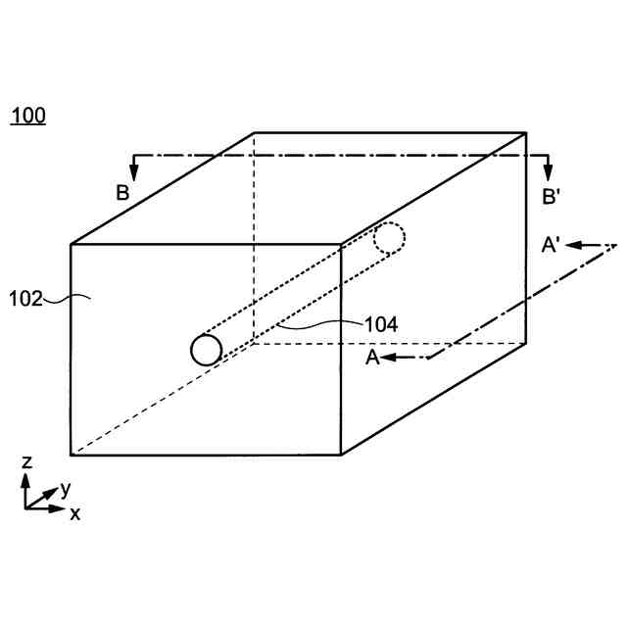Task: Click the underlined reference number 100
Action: pos(27,117)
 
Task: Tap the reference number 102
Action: pos(27,298)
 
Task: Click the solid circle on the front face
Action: pos(207,350)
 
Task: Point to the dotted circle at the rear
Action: pos(389,238)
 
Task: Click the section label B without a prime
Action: pos(122,193)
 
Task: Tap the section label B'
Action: pos(552,196)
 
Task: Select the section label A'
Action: pos(551,247)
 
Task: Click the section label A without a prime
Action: pos(372,359)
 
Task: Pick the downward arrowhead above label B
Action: pos(134,174)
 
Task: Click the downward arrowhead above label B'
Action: pos(549,174)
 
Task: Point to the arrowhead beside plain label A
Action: pos(390,359)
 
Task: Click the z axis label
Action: pos(27,462)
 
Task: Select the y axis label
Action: pos(66,488)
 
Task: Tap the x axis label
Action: pos(74,512)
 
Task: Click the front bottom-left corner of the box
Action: pos(72,456)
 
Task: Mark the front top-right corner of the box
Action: pos(341,244)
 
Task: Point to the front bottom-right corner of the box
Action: pos(341,456)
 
